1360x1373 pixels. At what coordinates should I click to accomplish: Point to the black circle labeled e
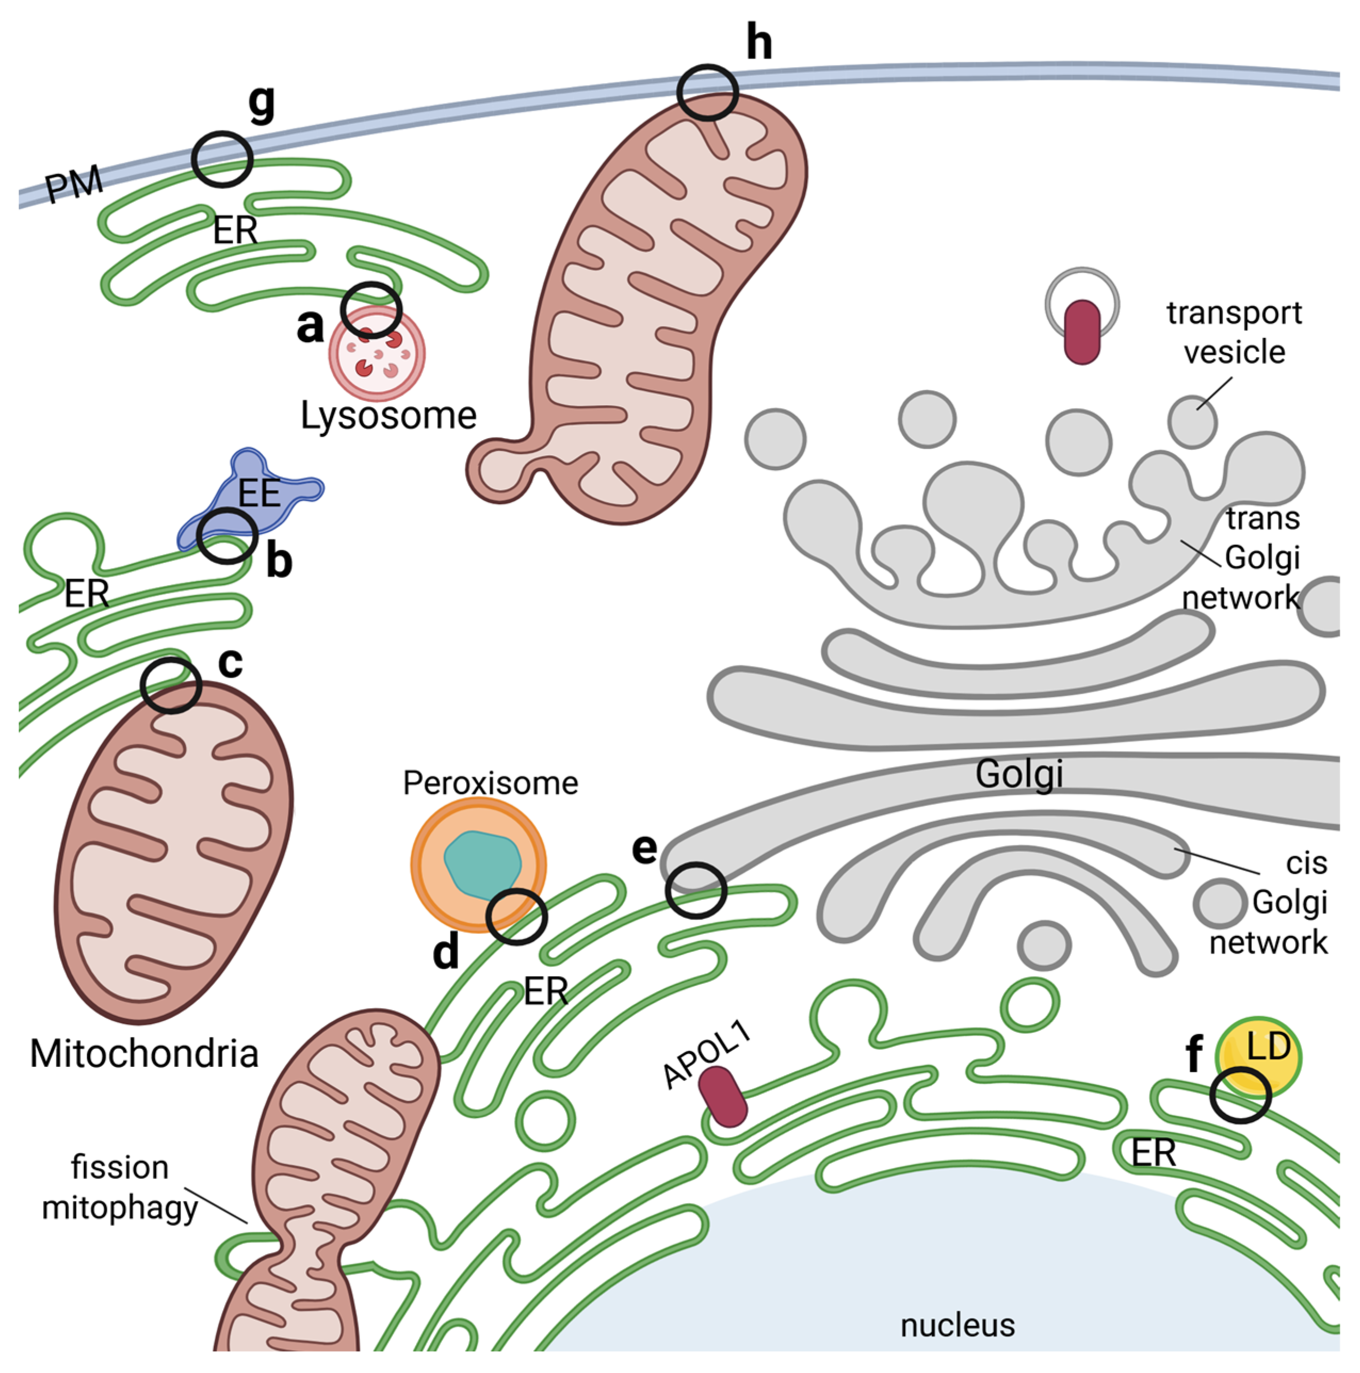pos(696,891)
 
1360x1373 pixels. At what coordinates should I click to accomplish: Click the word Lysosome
pos(388,416)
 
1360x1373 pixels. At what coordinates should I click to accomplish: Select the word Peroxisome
pos(491,783)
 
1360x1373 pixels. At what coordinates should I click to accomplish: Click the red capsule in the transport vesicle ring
pos(1082,331)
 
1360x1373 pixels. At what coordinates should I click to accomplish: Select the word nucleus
pos(958,1326)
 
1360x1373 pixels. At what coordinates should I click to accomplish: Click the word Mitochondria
pos(144,1055)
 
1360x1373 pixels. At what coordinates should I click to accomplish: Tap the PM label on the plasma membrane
pos(75,185)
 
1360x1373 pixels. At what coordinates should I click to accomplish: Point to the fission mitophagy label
pos(119,1188)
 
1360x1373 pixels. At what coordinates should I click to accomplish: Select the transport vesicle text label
pos(1234,332)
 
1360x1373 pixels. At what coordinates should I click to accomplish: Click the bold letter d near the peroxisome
pos(446,952)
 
